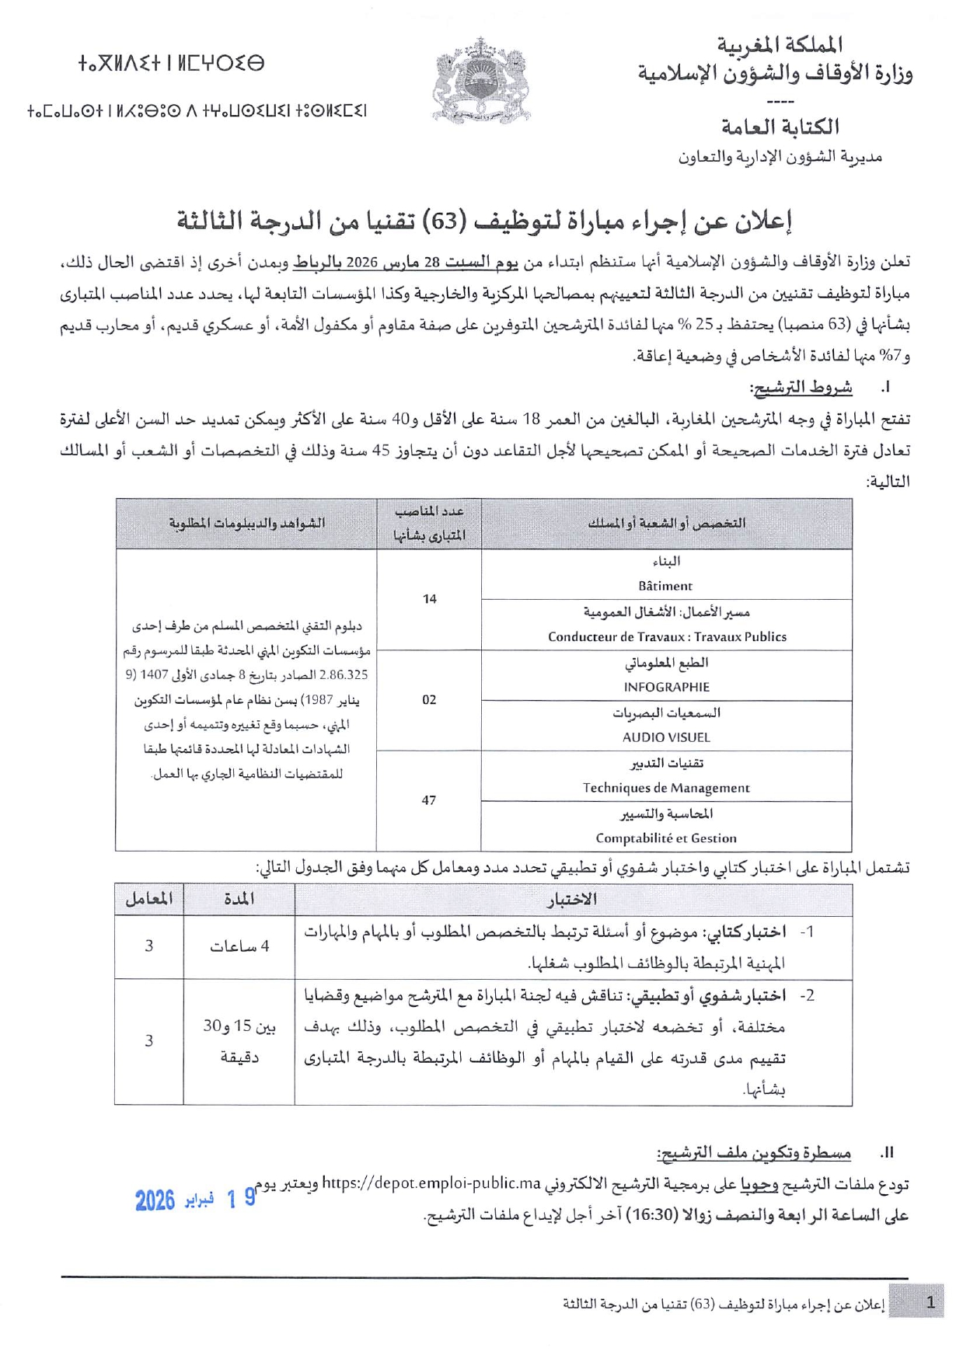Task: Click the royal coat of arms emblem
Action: click(480, 81)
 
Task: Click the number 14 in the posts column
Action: click(429, 599)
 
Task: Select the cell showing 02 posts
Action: click(429, 700)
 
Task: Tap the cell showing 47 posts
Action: click(429, 800)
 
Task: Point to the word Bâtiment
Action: click(665, 587)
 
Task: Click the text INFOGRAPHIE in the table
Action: click(666, 687)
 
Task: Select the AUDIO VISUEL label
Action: click(666, 737)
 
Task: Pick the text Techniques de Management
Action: click(666, 788)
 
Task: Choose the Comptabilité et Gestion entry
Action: click(666, 838)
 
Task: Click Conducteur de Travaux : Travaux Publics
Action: click(666, 637)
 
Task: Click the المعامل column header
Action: click(148, 900)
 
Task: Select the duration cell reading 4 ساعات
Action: click(239, 946)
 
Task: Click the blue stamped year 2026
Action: click(155, 1201)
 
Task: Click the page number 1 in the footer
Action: click(930, 1302)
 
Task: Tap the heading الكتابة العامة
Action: click(780, 127)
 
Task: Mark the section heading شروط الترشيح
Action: click(801, 387)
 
